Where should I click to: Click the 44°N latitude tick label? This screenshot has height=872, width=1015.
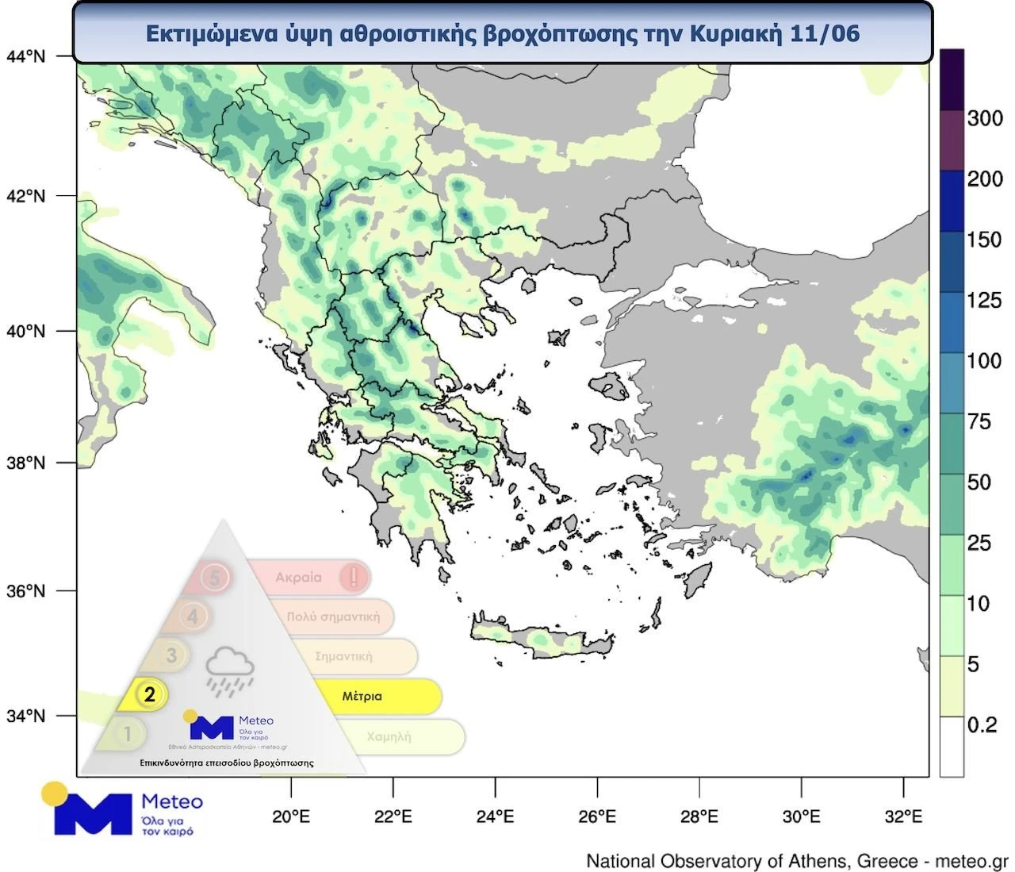tap(25, 56)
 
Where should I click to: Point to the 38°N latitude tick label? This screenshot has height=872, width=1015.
tap(25, 463)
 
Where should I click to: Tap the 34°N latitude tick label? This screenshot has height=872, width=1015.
tap(25, 716)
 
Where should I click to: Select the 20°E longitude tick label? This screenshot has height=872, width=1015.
tap(291, 816)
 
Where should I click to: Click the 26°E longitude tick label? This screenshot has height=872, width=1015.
tap(597, 816)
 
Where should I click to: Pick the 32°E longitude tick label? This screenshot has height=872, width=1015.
tap(903, 816)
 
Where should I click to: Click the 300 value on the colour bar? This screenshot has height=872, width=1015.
tap(985, 119)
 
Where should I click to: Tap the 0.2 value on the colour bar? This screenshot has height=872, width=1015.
tap(982, 725)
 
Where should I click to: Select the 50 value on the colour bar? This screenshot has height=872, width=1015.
tap(979, 482)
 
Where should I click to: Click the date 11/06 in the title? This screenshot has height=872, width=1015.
tap(825, 33)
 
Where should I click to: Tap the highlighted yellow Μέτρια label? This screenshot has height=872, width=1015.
tap(362, 697)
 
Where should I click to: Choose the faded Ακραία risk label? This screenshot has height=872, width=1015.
tap(298, 578)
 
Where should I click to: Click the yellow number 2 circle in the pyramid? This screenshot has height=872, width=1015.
tap(149, 694)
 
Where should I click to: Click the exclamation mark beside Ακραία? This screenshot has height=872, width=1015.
tap(353, 577)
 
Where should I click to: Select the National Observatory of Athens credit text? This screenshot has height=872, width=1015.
tap(796, 861)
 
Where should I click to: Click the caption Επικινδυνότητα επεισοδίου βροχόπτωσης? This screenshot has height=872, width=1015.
tap(226, 763)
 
